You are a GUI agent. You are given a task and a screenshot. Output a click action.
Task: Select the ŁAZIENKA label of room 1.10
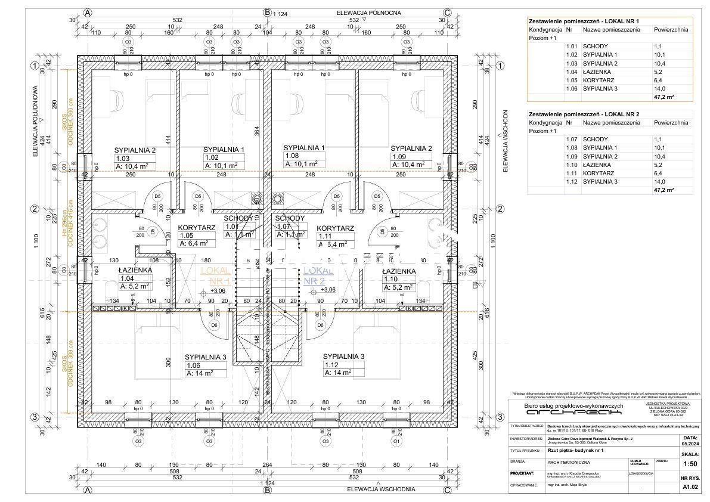click(x=398, y=271)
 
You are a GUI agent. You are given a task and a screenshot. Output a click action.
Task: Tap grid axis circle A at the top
click(x=88, y=12)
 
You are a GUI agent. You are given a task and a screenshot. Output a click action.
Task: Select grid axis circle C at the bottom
click(x=447, y=490)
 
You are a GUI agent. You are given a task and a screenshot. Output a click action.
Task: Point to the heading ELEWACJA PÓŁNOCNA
click(x=368, y=12)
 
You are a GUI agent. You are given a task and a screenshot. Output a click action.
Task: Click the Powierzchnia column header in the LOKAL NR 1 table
click(x=671, y=29)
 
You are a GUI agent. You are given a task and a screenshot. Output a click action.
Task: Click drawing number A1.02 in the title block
click(x=690, y=487)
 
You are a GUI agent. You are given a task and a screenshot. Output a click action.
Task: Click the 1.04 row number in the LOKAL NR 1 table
click(x=571, y=72)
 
